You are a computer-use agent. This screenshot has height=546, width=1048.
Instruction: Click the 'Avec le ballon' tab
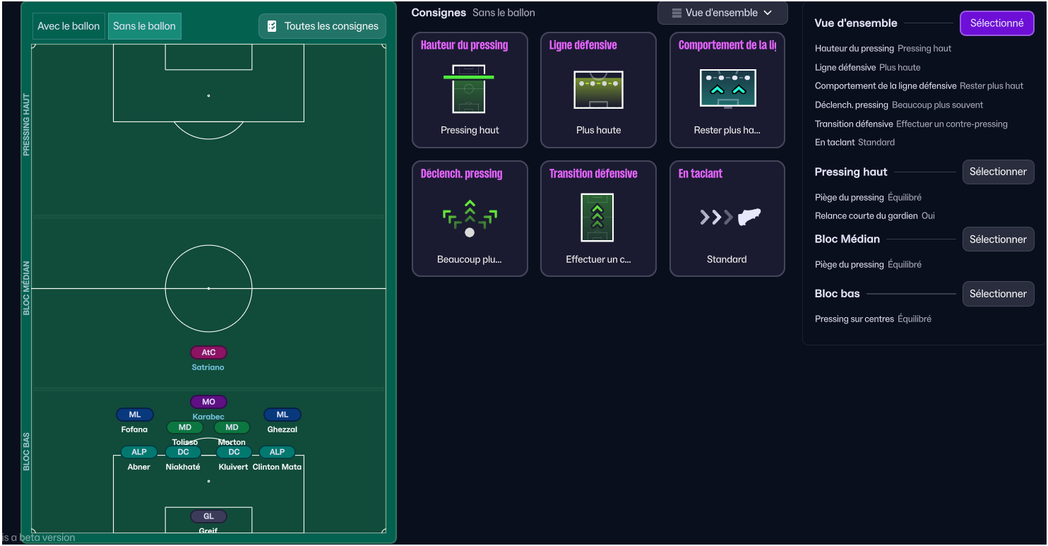(x=69, y=26)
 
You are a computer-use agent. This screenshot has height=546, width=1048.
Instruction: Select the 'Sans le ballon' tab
(x=145, y=26)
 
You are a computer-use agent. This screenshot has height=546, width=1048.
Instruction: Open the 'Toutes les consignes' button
(x=323, y=26)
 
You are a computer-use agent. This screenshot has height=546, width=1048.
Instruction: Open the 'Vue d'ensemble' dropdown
(x=722, y=13)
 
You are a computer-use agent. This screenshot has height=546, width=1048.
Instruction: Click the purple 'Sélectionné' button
(x=996, y=23)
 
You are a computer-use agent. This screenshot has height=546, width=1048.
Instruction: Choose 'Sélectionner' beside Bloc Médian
(x=998, y=239)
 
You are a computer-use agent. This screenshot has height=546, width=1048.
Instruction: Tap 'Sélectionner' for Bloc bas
(x=998, y=294)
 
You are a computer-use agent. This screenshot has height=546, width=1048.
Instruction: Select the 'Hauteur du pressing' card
(x=470, y=90)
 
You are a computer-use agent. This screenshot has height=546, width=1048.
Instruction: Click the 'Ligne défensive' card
(x=598, y=90)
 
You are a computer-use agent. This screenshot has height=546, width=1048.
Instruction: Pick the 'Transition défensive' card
(x=598, y=219)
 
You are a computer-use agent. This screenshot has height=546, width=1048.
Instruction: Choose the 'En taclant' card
(x=727, y=219)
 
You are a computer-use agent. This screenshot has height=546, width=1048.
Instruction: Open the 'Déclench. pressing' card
(x=470, y=219)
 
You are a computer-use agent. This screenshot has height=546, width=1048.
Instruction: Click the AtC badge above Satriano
(x=208, y=352)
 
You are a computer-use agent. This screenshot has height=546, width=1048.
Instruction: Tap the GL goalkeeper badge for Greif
(x=208, y=516)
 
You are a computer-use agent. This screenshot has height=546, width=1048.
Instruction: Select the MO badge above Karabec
(x=208, y=402)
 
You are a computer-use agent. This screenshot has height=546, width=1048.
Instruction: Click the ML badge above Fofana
(x=135, y=415)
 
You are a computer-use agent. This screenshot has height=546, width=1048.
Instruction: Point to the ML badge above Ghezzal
(x=282, y=415)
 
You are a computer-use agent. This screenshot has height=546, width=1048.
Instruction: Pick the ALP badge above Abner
(x=139, y=452)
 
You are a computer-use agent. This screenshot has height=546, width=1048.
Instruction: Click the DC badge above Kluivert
(x=234, y=452)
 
